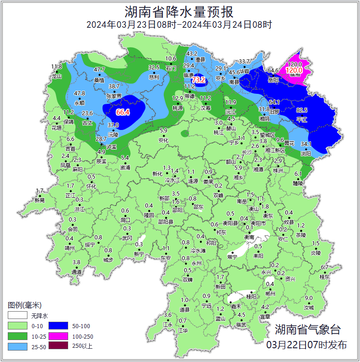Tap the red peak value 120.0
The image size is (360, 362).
(294, 70)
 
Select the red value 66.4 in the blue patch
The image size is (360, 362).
(123, 112)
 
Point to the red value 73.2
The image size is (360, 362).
(199, 80)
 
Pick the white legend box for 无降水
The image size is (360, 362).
(17, 316)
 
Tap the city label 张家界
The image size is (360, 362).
(114, 96)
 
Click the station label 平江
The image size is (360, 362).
(302, 119)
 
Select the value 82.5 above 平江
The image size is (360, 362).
(302, 110)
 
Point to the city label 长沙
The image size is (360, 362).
(247, 152)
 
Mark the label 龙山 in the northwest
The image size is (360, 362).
(57, 76)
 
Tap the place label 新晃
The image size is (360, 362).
(40, 200)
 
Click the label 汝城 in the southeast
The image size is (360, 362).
(309, 308)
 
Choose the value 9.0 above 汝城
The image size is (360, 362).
(309, 298)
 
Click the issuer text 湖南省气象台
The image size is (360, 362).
(307, 329)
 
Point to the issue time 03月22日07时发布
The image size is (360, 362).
(306, 345)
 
